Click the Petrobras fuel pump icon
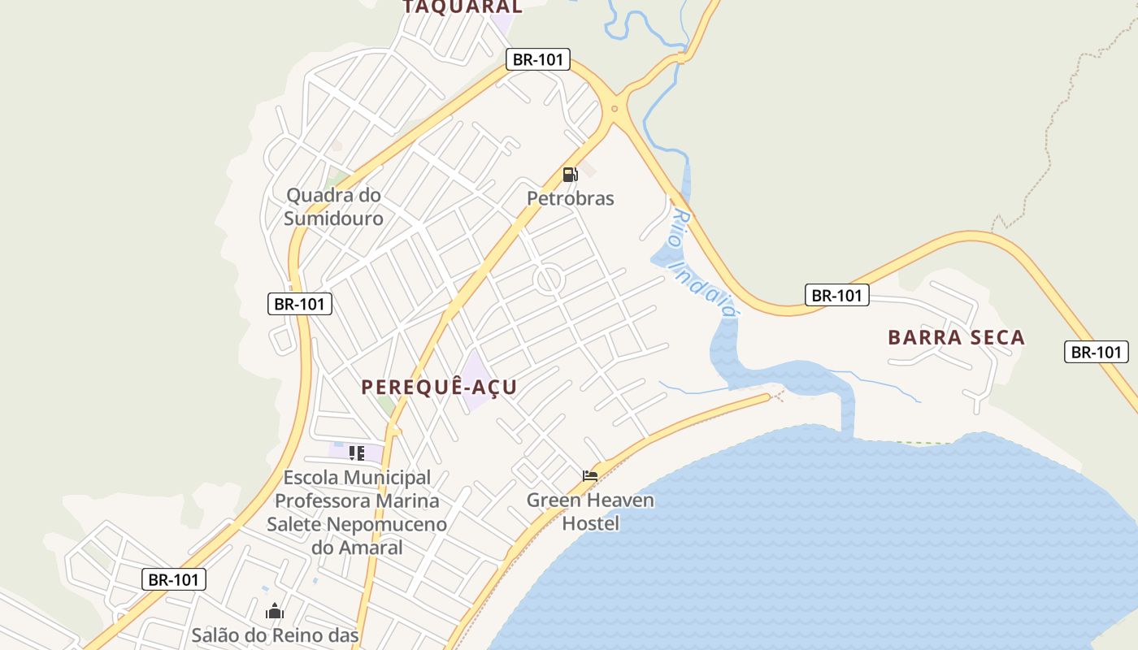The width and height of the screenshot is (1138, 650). [x=570, y=174]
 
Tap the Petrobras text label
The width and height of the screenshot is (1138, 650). [x=571, y=198]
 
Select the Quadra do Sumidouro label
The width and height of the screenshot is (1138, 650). [x=333, y=206]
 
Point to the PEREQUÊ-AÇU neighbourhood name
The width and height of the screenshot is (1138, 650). [x=439, y=387]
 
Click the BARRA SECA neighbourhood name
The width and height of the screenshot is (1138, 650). [x=956, y=337]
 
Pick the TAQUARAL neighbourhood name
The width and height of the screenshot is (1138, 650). [x=463, y=6]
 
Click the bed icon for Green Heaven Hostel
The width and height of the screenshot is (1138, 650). [x=590, y=475]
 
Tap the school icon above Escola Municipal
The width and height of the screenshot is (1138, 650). [x=356, y=453]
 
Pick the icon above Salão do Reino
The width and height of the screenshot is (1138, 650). [x=275, y=610]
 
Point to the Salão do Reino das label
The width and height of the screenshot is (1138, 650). [x=275, y=635]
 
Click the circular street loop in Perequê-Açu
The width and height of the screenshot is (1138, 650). [x=549, y=280]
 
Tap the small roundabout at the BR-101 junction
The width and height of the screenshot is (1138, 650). [x=615, y=109]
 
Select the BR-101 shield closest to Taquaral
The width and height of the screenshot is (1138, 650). [x=537, y=59]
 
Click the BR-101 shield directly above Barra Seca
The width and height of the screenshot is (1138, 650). [x=837, y=295]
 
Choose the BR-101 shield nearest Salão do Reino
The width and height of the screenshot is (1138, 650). [x=174, y=579]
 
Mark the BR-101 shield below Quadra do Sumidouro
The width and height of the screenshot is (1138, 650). [x=300, y=304]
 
